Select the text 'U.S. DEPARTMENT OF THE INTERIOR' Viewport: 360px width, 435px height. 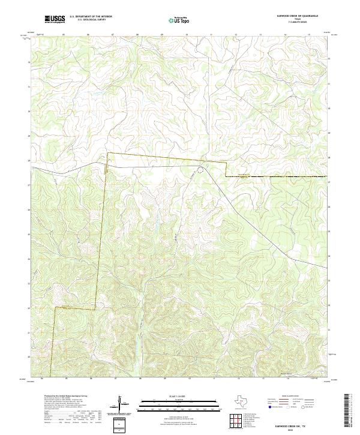91,17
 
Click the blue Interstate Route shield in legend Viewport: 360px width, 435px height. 270,407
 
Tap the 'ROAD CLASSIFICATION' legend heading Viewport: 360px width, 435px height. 290,397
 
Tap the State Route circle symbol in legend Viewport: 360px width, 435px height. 304,407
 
